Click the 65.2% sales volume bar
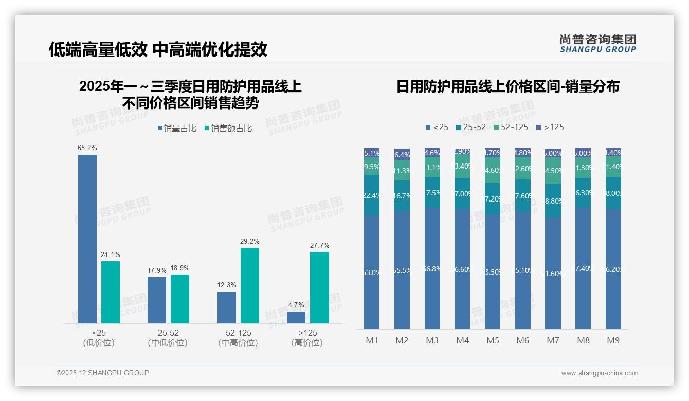click(87, 239)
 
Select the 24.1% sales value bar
click(111, 292)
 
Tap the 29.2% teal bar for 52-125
click(250, 285)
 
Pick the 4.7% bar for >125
click(296, 317)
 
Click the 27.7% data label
click(319, 246)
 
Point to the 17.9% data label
click(157, 271)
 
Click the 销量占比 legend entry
click(177, 129)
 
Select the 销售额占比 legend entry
click(228, 129)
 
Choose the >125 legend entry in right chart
click(550, 127)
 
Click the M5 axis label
click(493, 340)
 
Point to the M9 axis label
click(613, 340)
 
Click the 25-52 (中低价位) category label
click(168, 338)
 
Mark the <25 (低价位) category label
click(98, 338)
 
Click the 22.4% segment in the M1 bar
click(372, 195)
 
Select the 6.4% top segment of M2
click(402, 154)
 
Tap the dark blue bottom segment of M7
click(553, 274)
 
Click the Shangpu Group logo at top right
click(597, 43)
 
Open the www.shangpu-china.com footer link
click(599, 373)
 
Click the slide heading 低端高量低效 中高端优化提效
click(158, 49)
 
